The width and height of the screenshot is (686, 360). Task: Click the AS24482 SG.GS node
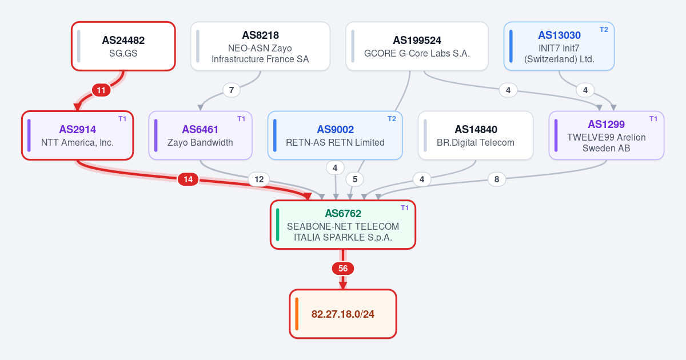coord(123,46)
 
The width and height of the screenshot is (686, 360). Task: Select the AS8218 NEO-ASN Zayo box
coord(260,46)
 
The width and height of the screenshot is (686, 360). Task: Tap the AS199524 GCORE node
coord(417,46)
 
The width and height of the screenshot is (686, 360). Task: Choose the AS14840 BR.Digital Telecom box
coord(476,135)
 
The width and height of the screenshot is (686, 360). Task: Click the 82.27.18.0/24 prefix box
coord(343,314)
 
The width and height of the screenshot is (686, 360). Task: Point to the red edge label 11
coord(101,90)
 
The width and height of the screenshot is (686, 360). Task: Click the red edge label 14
coord(188,179)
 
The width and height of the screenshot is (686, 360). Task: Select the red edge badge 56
coord(343,269)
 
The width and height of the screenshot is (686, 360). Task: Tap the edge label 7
coord(232,90)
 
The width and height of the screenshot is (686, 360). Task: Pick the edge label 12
coord(259,179)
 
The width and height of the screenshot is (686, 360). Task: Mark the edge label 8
coord(497,179)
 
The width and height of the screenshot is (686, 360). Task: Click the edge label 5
coord(355,179)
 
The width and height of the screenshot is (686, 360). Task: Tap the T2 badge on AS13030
coord(604,30)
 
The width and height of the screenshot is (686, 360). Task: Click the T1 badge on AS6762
coord(405,208)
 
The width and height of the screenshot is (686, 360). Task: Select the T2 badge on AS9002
coord(392,119)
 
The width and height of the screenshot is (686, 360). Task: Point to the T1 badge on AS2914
coord(122,119)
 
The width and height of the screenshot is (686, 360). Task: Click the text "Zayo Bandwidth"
coord(200,143)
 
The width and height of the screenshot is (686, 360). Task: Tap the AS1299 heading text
coord(606,125)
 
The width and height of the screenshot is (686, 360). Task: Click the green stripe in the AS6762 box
coord(278,225)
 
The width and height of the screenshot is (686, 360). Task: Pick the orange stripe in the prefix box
coord(297,314)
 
